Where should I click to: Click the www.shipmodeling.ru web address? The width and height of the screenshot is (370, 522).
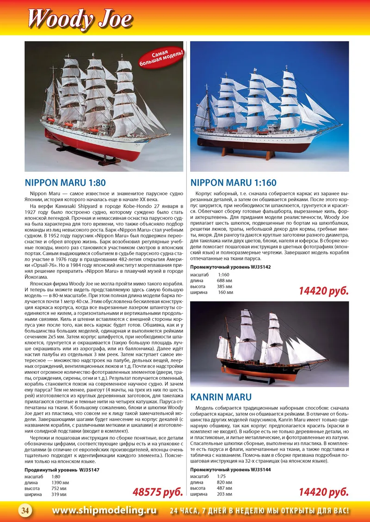click(x=104, y=510)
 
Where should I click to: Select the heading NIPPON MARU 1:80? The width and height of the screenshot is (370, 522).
click(x=65, y=183)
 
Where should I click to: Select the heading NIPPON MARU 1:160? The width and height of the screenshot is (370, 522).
click(x=234, y=183)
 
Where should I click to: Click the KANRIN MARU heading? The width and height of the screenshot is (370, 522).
click(x=221, y=397)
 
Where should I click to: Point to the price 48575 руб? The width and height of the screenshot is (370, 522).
click(x=158, y=492)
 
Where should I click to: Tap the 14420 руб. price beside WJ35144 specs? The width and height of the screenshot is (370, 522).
click(x=323, y=492)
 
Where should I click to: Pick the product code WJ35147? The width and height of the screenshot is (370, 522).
click(x=88, y=470)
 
